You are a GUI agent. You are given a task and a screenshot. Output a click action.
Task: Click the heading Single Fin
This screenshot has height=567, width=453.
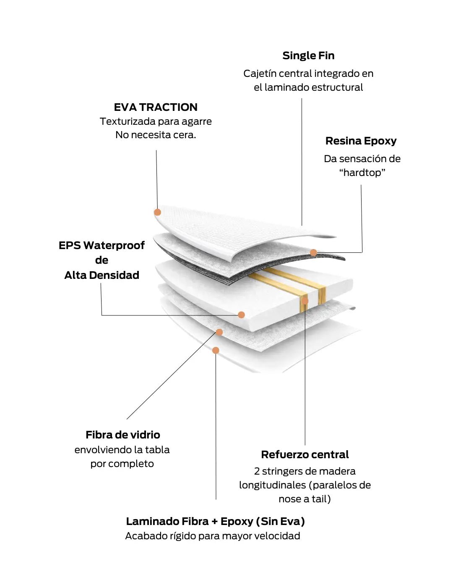308,55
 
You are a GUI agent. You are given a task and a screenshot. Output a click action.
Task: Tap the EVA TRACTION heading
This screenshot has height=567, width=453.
156,107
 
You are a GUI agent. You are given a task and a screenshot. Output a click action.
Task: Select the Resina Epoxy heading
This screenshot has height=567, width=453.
361,141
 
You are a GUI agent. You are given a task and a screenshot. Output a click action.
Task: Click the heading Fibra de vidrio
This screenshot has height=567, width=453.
123,435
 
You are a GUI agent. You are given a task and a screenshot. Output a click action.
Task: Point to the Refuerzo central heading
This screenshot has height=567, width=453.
305,454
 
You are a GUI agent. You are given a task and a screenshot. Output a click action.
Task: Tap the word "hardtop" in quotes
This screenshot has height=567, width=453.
362,173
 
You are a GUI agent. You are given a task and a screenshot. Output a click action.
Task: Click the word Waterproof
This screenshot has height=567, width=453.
114,245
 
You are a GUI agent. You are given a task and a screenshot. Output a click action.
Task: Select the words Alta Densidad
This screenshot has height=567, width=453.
102,275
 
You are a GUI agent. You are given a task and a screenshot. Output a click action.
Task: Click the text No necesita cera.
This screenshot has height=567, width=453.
156,135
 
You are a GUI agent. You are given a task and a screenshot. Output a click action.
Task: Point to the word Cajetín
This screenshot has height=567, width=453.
260,73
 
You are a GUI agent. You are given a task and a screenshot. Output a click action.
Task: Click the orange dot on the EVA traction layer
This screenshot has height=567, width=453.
158,212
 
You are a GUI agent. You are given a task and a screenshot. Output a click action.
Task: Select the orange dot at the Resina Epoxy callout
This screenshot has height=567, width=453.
313,252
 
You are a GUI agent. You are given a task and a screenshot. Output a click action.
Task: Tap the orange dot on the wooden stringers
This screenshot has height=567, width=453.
305,301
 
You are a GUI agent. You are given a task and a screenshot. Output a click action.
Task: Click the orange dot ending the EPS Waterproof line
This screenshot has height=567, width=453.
241,315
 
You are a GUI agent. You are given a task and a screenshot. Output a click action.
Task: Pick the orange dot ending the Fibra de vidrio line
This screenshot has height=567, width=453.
219,332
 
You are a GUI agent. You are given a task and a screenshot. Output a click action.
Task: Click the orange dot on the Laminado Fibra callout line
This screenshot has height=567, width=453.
216,350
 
